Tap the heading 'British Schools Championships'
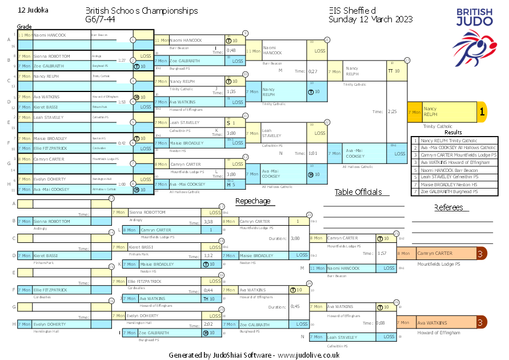tap(142, 11)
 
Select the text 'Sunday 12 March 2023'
tap(370, 19)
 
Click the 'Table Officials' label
tap(358, 192)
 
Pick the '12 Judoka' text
tap(33, 10)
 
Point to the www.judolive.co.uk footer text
tap(309, 355)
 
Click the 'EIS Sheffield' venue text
tap(352, 11)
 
